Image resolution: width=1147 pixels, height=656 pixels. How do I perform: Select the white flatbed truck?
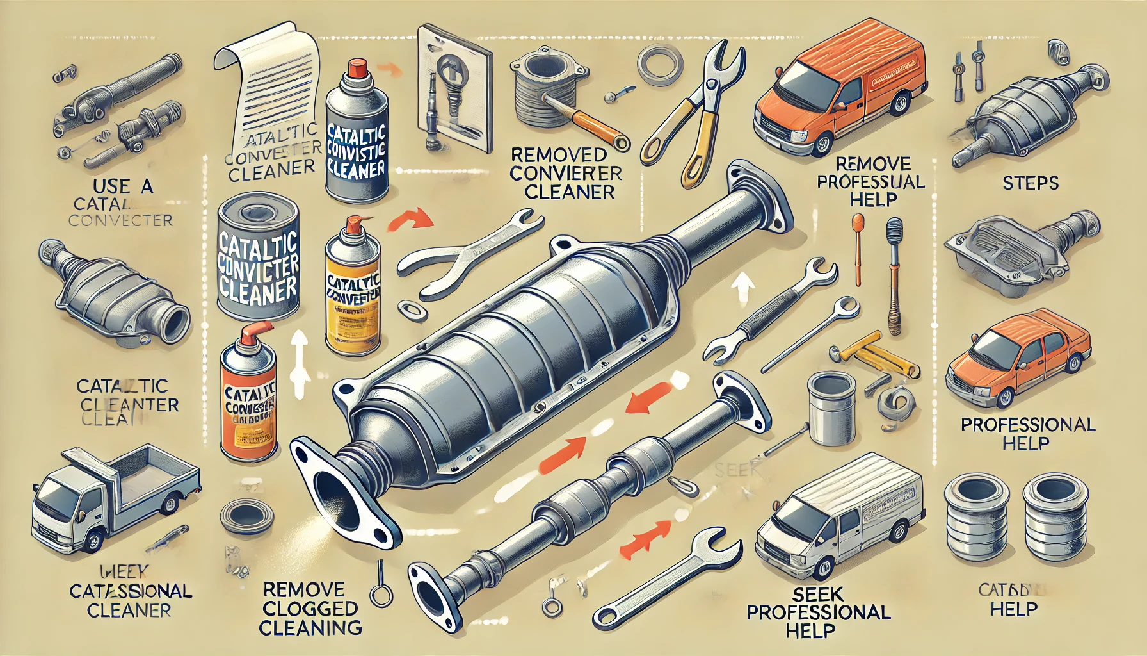pyautogui.click(x=115, y=493)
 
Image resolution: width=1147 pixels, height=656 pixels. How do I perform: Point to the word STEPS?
pyautogui.click(x=1031, y=184)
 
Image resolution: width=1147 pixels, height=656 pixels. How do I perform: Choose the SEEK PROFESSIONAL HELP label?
pyautogui.click(x=819, y=612)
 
